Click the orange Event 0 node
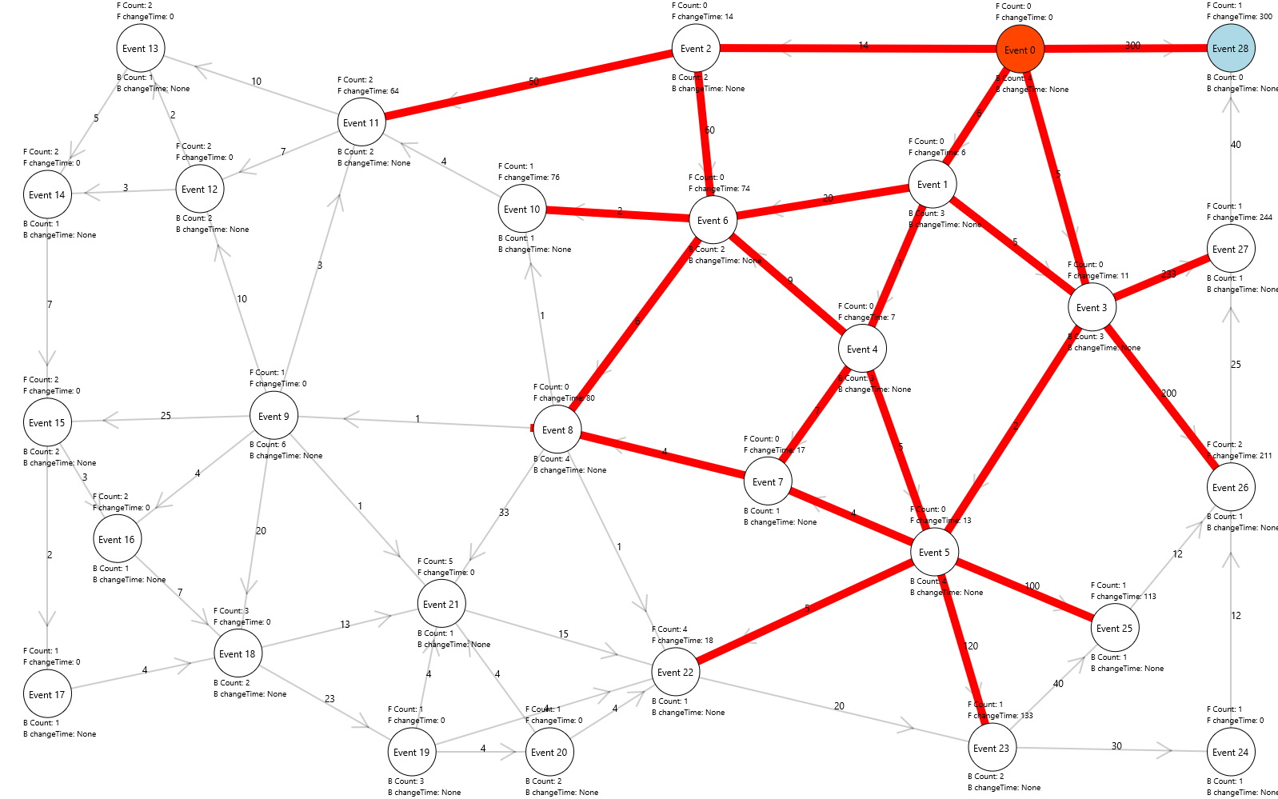pos(1020,50)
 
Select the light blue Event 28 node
pos(1230,49)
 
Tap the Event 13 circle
pos(140,49)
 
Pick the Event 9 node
pos(274,416)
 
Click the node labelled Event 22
pos(675,673)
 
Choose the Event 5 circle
pos(934,553)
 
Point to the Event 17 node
pos(46,695)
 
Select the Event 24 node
pos(1230,753)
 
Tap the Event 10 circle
pos(521,210)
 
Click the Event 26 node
pos(1230,488)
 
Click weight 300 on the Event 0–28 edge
pos(1132,46)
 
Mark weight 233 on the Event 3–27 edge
pos(1168,274)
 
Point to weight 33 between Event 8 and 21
pos(504,513)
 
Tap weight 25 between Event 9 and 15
pos(166,416)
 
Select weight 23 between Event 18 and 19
pos(329,699)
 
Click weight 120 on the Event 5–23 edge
pos(971,646)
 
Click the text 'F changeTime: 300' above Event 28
pos(1239,17)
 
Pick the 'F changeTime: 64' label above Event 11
pos(368,91)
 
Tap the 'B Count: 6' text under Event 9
pos(267,445)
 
